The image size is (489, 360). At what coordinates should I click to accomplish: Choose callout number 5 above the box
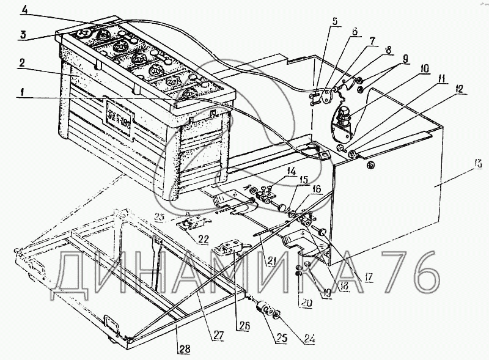(334, 21)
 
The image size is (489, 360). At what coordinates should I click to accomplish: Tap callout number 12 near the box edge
(460, 90)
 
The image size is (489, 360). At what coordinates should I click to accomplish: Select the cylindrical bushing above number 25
(266, 310)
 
